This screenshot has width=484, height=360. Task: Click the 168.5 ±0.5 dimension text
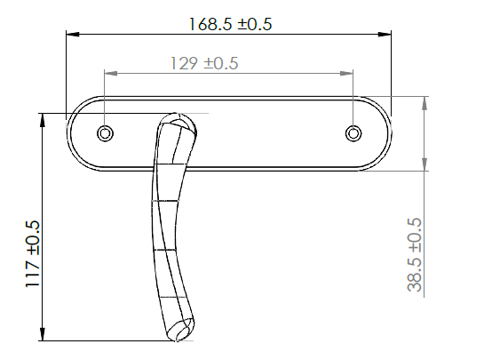tap(230, 24)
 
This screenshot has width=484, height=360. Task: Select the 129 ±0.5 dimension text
tap(203, 64)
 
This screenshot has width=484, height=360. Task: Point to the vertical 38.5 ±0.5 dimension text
tap(413, 256)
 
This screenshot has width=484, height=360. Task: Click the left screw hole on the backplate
tap(106, 133)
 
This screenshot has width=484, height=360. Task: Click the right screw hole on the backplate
tap(353, 133)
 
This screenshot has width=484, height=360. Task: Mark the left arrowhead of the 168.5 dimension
tap(73, 35)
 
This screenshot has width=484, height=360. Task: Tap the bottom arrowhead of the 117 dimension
tap(42, 335)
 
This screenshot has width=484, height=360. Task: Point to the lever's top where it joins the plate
tap(177, 121)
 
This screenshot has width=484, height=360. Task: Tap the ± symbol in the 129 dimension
tap(210, 64)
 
